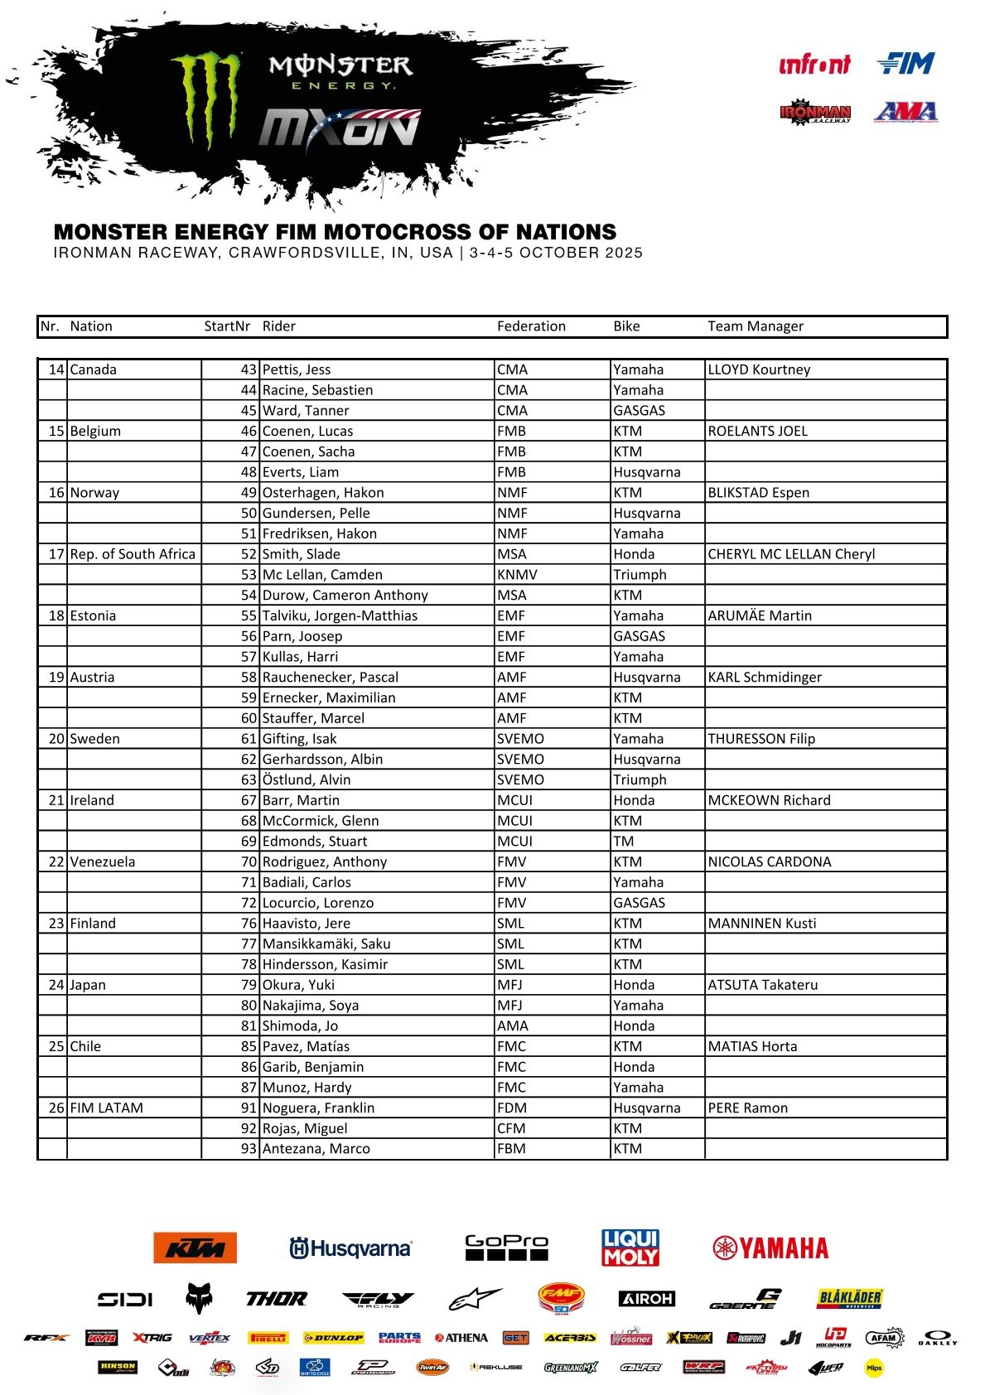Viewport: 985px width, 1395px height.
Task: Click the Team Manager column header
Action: point(755,326)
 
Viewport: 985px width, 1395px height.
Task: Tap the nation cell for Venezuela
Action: point(102,862)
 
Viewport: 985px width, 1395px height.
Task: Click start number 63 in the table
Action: point(249,780)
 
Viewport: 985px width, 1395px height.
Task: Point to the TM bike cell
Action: point(624,841)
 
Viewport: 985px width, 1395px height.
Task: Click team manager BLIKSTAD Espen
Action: point(758,492)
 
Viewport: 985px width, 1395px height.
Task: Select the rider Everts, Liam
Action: point(300,472)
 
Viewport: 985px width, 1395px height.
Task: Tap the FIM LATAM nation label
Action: point(106,1108)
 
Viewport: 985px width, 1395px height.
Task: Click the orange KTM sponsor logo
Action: point(195,1248)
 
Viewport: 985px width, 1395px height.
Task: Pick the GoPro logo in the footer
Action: point(506,1247)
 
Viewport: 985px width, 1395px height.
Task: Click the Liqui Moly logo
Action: point(630,1248)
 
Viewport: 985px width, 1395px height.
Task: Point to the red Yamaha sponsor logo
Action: point(770,1248)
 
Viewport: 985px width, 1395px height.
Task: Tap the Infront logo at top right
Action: point(814,65)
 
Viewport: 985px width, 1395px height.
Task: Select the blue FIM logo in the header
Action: point(905,64)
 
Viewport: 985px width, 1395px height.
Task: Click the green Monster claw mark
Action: point(206,99)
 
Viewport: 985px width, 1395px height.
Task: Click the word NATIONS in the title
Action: point(566,232)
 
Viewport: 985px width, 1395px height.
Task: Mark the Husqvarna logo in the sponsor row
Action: point(350,1248)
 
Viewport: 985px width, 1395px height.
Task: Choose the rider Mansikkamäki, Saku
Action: point(326,944)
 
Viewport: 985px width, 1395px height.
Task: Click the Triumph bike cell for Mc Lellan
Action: point(640,574)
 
